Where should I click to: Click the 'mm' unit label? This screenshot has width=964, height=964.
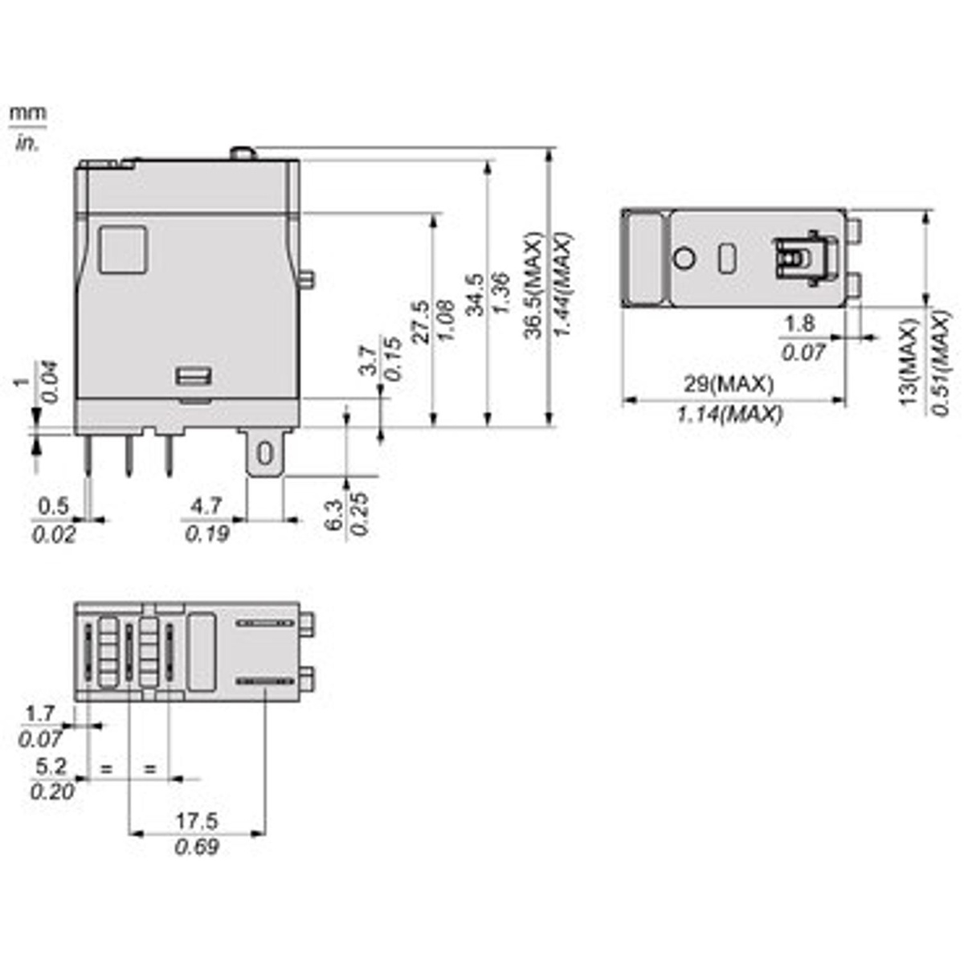coord(27,112)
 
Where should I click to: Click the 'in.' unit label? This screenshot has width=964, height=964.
coord(27,144)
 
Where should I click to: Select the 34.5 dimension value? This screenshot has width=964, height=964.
coord(474,295)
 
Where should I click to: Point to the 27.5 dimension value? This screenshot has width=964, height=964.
coord(419,322)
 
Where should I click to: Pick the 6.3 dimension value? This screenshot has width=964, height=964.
coord(334,515)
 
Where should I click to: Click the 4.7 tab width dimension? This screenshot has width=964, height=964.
coord(206,506)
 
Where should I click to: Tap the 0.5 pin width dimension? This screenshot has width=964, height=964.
coord(54,506)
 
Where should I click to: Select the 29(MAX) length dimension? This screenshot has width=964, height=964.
coord(729,384)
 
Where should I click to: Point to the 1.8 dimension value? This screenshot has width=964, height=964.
coord(799,324)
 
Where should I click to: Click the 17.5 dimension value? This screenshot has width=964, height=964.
coord(197,821)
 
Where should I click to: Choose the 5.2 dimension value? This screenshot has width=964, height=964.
coord(51,766)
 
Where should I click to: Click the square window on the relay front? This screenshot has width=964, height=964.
coord(122,248)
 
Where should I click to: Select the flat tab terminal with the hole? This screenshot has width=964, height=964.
coord(263,454)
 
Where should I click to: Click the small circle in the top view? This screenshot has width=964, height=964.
coord(684,259)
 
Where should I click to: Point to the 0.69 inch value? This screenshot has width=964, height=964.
coord(197,848)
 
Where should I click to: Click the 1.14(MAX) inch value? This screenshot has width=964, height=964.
coord(729,414)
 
